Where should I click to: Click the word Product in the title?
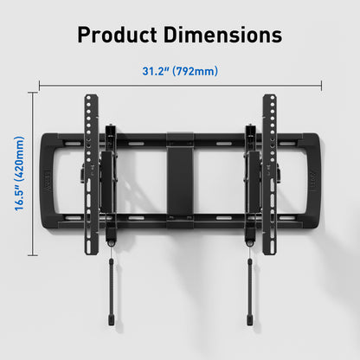pyautogui.click(x=118, y=35)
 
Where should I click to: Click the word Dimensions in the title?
pyautogui.click(x=223, y=35)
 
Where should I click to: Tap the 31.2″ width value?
pyautogui.click(x=156, y=71)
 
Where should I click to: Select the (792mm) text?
pyautogui.click(x=195, y=71)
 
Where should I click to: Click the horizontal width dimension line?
pyautogui.click(x=180, y=85)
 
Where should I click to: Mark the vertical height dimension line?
pyautogui.click(x=33, y=174)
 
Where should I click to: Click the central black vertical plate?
pyautogui.click(x=180, y=179)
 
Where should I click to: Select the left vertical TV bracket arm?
pyautogui.click(x=92, y=175)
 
